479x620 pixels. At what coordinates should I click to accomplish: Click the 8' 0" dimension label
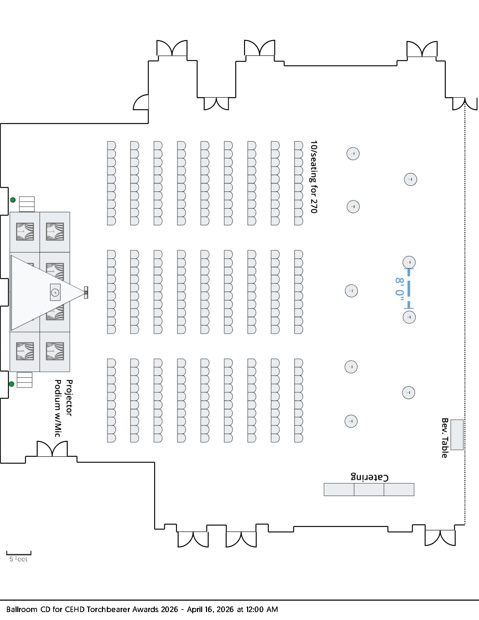click(x=400, y=289)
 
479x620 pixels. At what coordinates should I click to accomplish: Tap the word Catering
click(x=369, y=477)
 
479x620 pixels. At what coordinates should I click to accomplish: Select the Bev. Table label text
click(x=444, y=438)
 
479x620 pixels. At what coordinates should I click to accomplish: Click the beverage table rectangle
click(x=457, y=435)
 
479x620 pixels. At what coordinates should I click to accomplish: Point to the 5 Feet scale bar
click(x=19, y=553)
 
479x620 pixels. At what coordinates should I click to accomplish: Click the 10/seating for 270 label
click(x=313, y=177)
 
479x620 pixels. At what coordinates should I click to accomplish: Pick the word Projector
click(x=69, y=398)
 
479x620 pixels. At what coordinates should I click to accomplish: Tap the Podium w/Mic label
click(x=58, y=408)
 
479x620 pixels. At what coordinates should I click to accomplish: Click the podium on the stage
click(x=55, y=293)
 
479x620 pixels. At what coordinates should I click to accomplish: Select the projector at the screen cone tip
click(x=85, y=293)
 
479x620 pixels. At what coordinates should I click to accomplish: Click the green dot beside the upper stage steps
click(x=13, y=200)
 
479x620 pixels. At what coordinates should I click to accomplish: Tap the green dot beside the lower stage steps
click(x=11, y=384)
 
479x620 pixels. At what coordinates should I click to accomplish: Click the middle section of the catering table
click(x=369, y=490)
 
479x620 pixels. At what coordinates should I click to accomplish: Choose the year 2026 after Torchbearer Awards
click(x=168, y=609)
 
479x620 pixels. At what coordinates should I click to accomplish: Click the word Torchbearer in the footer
click(x=107, y=609)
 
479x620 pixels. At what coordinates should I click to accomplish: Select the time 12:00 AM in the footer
click(x=262, y=609)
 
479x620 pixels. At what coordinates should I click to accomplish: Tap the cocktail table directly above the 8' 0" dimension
click(x=409, y=262)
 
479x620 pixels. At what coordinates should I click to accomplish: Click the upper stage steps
click(x=27, y=204)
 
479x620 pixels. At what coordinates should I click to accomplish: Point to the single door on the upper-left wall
click(x=141, y=103)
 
